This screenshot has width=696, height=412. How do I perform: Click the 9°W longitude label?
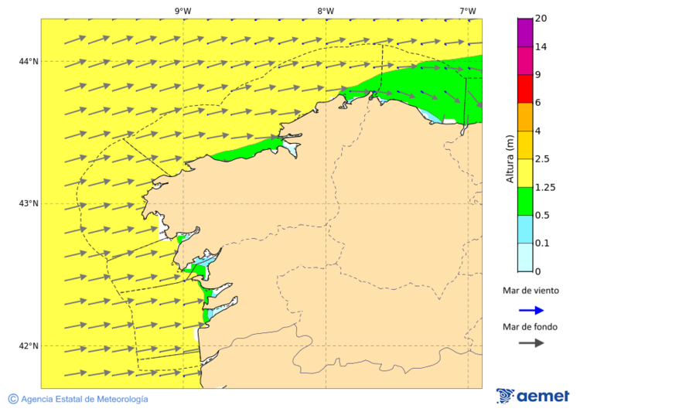point(183,11)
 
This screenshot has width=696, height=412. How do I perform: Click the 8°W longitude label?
point(326,11)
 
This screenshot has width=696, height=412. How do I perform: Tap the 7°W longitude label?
point(467,11)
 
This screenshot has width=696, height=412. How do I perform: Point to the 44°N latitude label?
point(29,61)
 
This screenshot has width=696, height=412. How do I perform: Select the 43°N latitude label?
point(29,203)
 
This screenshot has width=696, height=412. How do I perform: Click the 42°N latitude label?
point(29,346)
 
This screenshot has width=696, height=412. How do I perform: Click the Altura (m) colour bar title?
point(510,159)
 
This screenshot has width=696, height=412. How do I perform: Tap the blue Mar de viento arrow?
point(531,310)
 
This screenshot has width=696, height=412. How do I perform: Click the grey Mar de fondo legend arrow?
point(531,343)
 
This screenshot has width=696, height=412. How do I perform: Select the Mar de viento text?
point(531,291)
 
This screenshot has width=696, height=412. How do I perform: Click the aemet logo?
point(533,396)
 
